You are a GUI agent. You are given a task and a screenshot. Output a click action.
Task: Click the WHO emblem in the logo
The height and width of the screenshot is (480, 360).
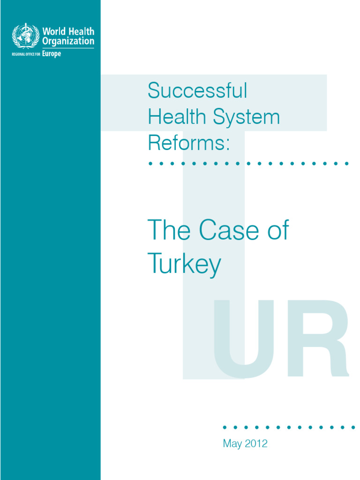point(26,36)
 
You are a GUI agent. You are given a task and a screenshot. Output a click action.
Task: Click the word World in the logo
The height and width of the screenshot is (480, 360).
point(53,32)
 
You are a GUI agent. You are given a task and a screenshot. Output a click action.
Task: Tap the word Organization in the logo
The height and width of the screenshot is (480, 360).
point(68,41)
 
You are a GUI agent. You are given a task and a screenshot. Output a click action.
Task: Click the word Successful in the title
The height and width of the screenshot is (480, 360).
point(197,90)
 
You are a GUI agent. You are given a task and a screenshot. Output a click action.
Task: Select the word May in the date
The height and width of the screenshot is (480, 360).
point(232,443)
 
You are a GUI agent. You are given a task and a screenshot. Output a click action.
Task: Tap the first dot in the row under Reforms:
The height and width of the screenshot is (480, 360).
point(150,164)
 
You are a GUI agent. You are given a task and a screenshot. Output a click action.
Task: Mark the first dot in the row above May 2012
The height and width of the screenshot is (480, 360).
point(225,427)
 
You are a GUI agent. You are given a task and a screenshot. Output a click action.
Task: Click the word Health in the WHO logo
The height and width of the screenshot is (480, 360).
point(82,32)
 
